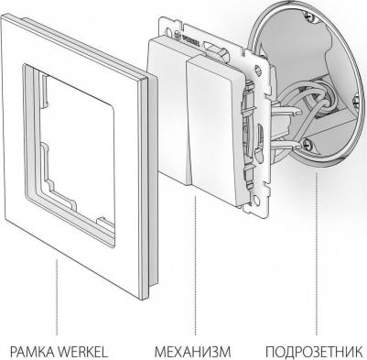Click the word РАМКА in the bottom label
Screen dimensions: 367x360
[32, 352]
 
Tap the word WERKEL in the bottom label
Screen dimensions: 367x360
[83, 352]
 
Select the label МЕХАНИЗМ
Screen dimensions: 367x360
[192, 352]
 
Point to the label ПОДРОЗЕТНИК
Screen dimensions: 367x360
[314, 352]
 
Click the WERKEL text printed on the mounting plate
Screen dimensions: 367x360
[191, 40]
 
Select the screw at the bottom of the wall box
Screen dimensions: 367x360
[307, 142]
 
